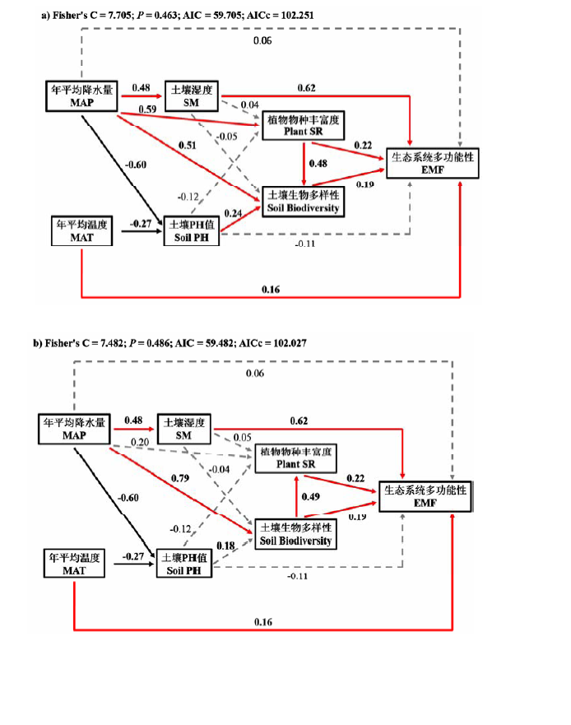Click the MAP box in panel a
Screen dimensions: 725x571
click(81, 97)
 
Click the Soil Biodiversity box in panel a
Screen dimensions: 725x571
click(302, 201)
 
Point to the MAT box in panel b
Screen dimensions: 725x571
click(73, 564)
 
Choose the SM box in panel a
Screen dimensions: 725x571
click(191, 93)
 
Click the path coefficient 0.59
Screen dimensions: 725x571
click(147, 109)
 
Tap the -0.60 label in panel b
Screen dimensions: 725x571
click(128, 497)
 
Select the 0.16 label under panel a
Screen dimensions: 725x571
click(272, 289)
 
